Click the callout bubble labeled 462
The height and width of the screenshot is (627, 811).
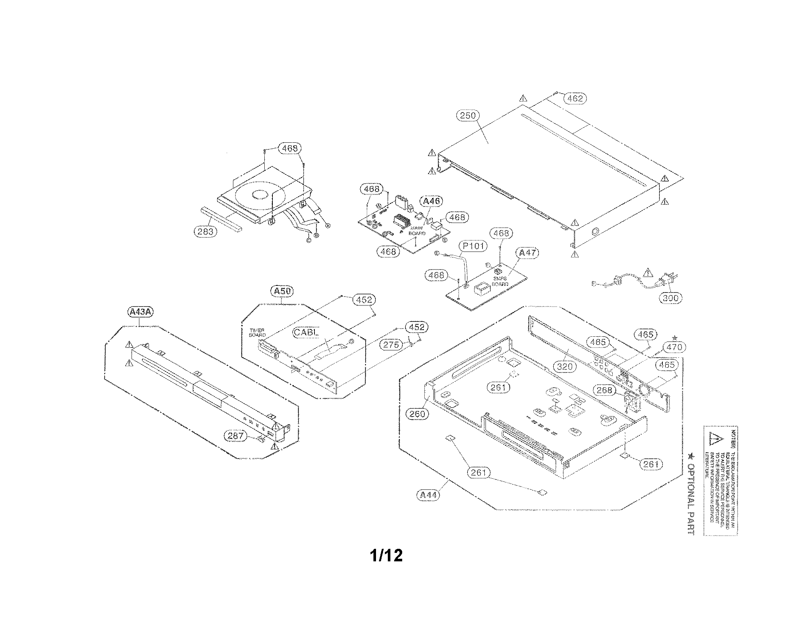pyautogui.click(x=575, y=98)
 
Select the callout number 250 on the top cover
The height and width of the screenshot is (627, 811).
pyautogui.click(x=467, y=115)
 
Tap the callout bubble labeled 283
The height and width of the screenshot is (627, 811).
pyautogui.click(x=205, y=231)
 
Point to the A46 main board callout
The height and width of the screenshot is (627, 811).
pyautogui.click(x=432, y=201)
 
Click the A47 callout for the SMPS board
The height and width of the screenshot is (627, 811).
pyautogui.click(x=527, y=253)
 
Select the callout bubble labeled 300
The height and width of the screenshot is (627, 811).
pyautogui.click(x=671, y=298)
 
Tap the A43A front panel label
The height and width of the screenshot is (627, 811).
pyautogui.click(x=140, y=312)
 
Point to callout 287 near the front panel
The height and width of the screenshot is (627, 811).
pyautogui.click(x=236, y=435)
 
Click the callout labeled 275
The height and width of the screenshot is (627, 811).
pyautogui.click(x=391, y=344)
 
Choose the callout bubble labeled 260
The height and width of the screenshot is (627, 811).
pyautogui.click(x=417, y=413)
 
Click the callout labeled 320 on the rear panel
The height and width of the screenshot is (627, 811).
pyautogui.click(x=565, y=367)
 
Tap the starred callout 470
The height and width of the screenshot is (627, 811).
pyautogui.click(x=674, y=347)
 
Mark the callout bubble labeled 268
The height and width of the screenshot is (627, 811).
pyautogui.click(x=604, y=389)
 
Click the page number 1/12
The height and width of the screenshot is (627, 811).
pyautogui.click(x=386, y=556)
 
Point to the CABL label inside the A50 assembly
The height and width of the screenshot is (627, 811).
pyautogui.click(x=306, y=332)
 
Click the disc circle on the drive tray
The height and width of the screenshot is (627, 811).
pyautogui.click(x=260, y=195)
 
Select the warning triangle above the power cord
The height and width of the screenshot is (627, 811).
pyautogui.click(x=648, y=273)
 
